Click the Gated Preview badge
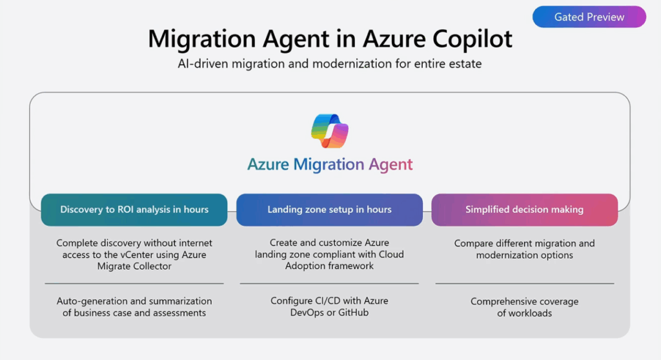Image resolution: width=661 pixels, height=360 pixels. pos(589,17)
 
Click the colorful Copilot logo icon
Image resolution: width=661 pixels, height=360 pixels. pos(330,132)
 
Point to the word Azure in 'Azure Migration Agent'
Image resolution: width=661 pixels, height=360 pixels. pos(268,165)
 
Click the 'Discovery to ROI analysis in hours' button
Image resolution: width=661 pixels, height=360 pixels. pos(134,210)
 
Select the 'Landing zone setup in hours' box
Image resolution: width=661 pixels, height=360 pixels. pos(329,210)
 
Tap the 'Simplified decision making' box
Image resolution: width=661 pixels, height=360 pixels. pos(524,210)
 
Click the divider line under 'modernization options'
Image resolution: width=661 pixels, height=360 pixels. pos(524,283)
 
